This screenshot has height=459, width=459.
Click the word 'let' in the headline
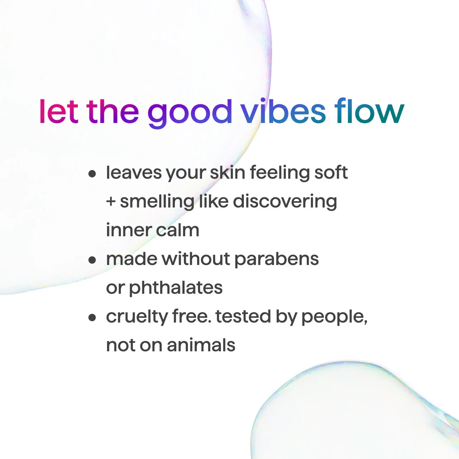pos(58,112)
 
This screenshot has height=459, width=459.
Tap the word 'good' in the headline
pos(190,113)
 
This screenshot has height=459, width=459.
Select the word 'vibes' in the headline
pos(283,112)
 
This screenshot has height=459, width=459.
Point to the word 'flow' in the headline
pos(369,112)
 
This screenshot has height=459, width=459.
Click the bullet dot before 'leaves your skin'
pos(93,174)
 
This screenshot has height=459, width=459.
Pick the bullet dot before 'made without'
pos(93,260)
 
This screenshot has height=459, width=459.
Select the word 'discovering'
pos(285,202)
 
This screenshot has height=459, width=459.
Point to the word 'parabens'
pos(276,259)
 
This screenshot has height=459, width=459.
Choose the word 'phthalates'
pos(176,288)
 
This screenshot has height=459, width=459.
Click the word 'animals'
pos(201,345)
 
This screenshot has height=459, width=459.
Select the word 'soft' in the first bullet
pos(331,172)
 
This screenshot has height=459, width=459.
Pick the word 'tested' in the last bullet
pos(243,317)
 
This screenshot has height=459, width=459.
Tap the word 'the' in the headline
pos(113,112)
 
